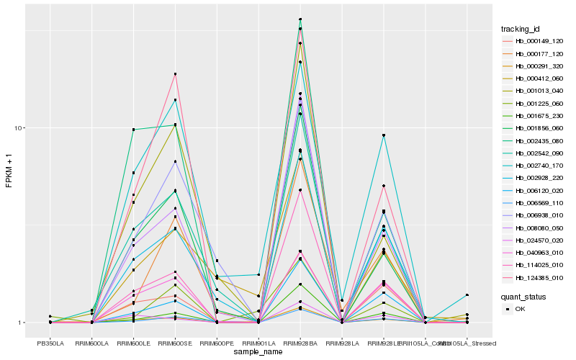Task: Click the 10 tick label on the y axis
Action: pos(20,128)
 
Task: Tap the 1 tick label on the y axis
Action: pos(22,323)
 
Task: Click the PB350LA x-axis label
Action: pos(50,343)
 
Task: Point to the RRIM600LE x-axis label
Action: pos(133,343)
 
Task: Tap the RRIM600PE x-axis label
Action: pos(217,343)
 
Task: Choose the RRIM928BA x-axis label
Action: pos(300,343)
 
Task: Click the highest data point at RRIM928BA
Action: pos(300,19)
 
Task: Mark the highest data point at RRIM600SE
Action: pos(175,74)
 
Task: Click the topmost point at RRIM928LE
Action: pos(384,135)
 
